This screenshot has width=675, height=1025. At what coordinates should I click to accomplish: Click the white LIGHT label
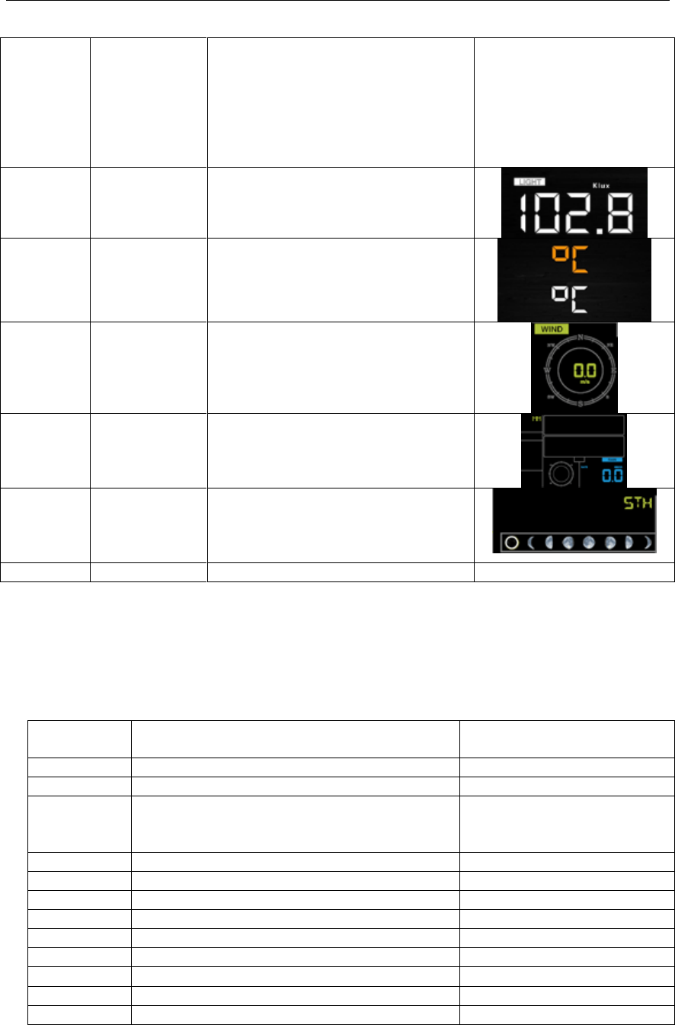tap(526, 182)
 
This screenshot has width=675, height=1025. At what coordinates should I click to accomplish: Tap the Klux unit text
tap(603, 184)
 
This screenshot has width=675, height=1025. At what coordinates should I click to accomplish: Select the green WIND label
tap(552, 329)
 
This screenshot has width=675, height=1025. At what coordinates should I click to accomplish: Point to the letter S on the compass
tap(580, 403)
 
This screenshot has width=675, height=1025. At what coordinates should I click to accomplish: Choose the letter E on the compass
tap(613, 371)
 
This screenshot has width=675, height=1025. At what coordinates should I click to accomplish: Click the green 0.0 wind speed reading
tap(580, 369)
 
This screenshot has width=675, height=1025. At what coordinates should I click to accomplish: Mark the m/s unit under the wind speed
tap(580, 380)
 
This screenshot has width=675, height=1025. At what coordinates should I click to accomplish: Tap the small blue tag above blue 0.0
tap(613, 460)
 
